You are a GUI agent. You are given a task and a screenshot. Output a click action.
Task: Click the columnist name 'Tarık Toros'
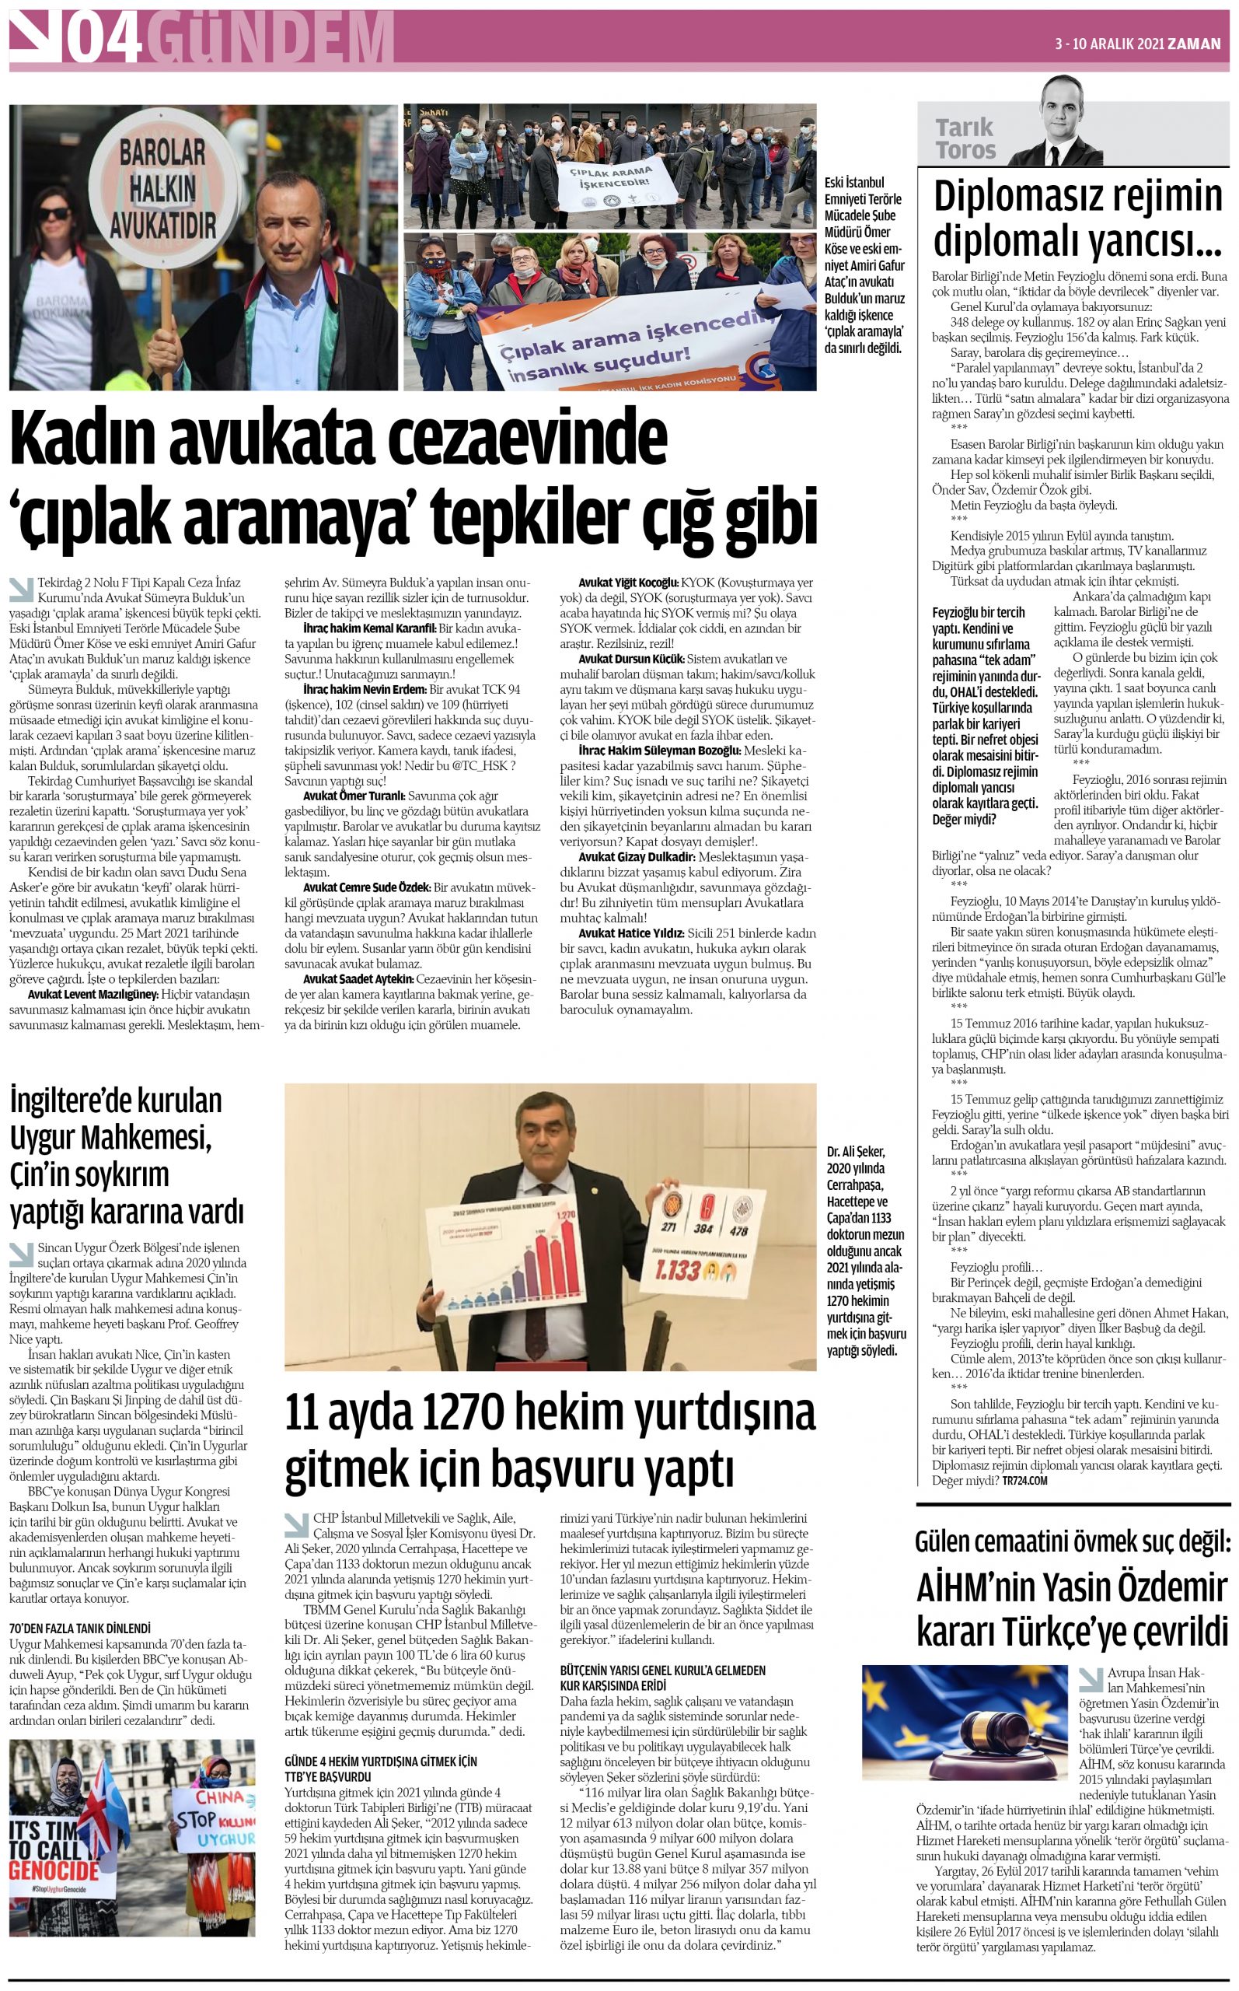[965, 138]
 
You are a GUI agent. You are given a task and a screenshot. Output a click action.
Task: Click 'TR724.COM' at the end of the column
[1024, 1503]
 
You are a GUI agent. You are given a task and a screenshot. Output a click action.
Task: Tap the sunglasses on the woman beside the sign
[52, 215]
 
